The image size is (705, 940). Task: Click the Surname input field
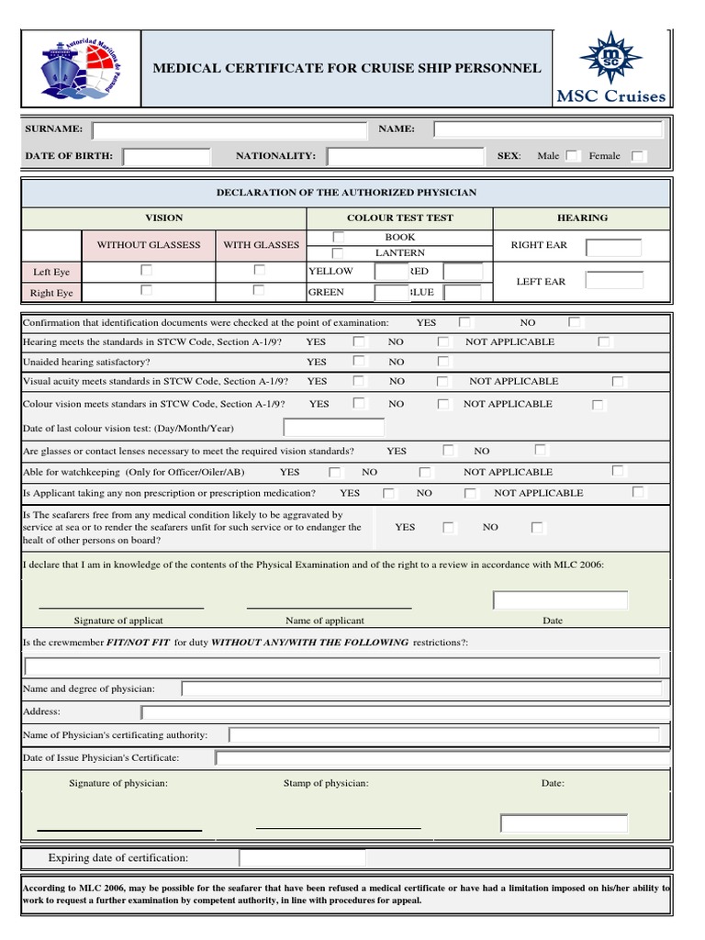[x=229, y=130]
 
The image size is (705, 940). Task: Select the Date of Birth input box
[x=167, y=157]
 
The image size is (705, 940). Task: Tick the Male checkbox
[x=573, y=156]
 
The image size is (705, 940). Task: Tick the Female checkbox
[x=639, y=156]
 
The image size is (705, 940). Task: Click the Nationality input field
[x=405, y=157]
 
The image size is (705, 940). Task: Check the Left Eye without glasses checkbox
[x=146, y=271]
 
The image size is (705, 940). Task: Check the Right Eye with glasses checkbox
[x=259, y=290]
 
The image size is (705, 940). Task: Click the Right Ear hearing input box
[x=614, y=247]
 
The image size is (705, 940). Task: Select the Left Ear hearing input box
[x=614, y=281]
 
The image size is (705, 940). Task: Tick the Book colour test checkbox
[x=338, y=238]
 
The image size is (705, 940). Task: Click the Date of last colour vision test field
[x=334, y=428]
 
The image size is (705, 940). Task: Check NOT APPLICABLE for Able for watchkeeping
[x=619, y=471]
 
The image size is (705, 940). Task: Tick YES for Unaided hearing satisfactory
[x=360, y=362]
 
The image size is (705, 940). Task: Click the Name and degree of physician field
[x=421, y=688]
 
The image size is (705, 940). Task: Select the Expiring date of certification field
[x=302, y=858]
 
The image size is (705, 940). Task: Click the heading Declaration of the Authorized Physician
[x=346, y=193]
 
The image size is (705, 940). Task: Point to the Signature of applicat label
[x=118, y=621]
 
